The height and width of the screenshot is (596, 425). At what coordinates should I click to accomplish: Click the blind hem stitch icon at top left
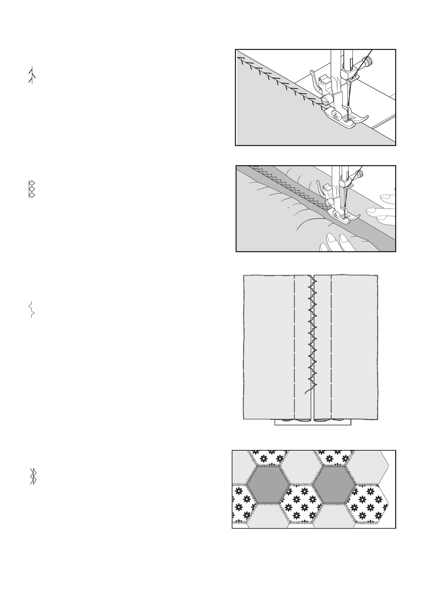coord(32,75)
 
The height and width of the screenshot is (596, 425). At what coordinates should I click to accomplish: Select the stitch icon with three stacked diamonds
coord(31,189)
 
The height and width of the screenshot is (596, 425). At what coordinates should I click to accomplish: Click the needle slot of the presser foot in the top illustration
coord(347,119)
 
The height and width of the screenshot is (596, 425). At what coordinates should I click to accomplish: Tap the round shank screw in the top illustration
coord(325,100)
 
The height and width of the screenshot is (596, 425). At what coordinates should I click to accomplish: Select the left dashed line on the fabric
coord(294,347)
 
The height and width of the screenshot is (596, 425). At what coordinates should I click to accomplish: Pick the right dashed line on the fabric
coord(331,347)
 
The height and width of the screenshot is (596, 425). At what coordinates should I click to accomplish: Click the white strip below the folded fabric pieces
coord(312,423)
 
